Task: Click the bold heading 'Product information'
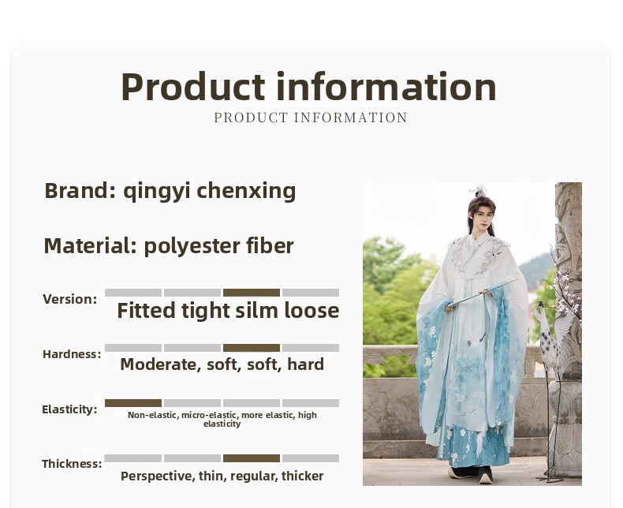point(308,87)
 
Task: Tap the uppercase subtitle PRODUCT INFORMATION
point(311,118)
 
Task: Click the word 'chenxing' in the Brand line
point(246,191)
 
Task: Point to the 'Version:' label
point(70,299)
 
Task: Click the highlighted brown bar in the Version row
point(252,293)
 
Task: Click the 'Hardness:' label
point(72,354)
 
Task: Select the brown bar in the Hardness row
point(252,348)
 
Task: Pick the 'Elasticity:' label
point(69,409)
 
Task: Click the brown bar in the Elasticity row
point(133,403)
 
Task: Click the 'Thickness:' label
point(72,464)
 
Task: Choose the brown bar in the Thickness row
point(252,458)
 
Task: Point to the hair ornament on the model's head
point(479,191)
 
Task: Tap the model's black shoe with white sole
point(486,475)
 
